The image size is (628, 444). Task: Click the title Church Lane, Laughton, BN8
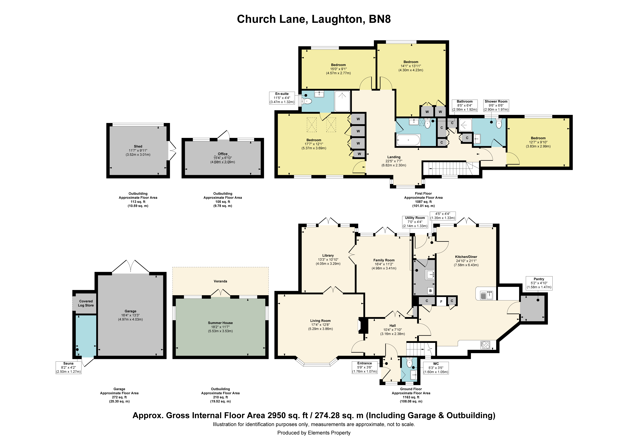coord(314,19)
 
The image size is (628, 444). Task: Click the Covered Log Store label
coord(86,303)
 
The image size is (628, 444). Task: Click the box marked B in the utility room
coord(431,291)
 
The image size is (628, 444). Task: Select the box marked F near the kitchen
coord(441,301)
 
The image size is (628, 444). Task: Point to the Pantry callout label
coord(539,283)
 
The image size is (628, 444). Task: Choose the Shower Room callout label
coord(496,105)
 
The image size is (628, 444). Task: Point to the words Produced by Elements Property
coord(314,433)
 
